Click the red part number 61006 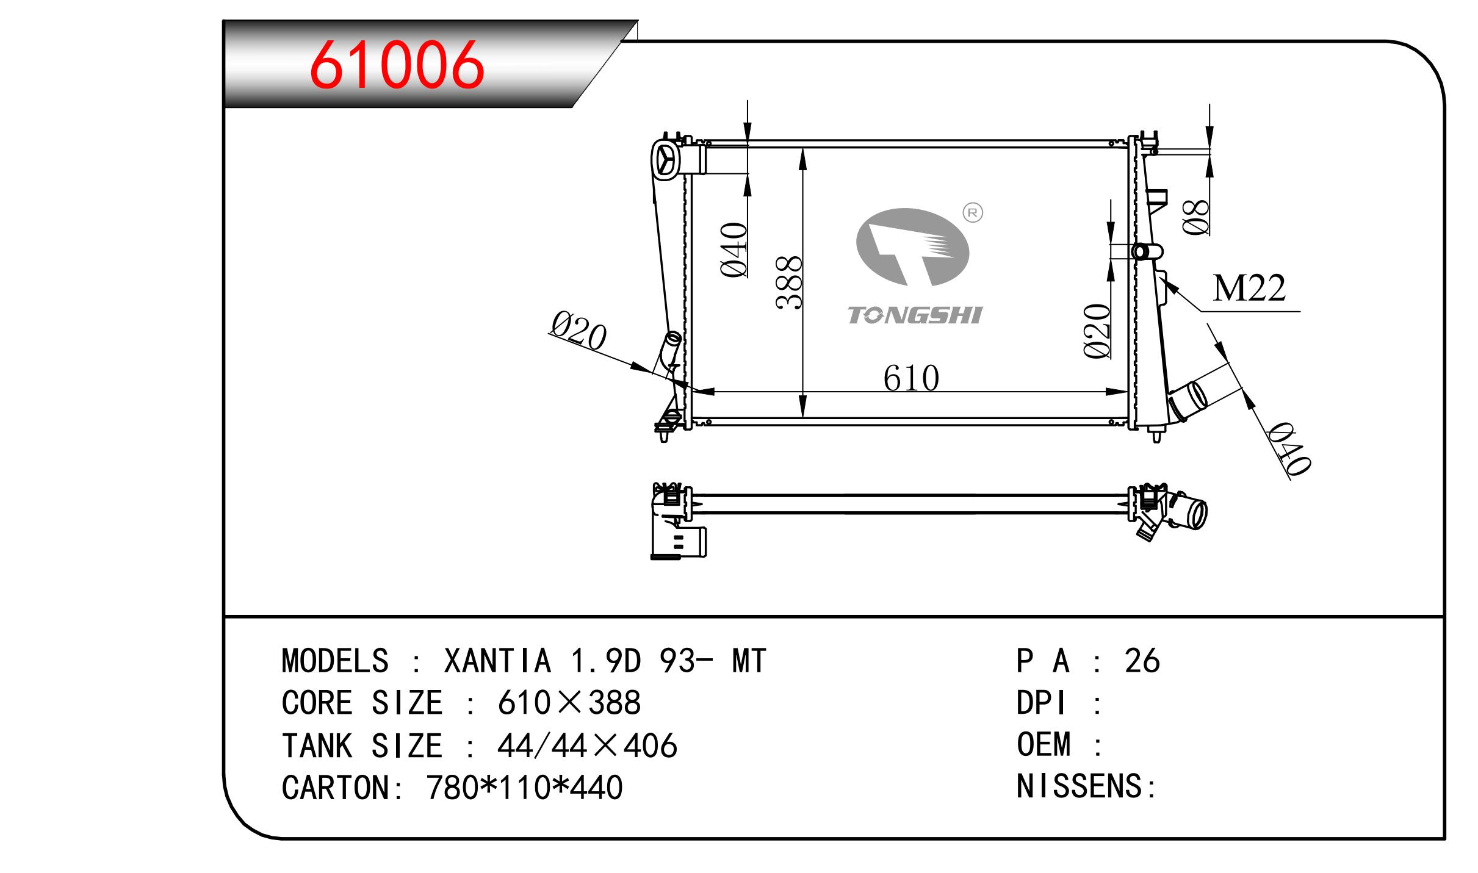coord(397,65)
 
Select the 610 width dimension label coord(911,378)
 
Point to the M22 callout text coord(1249,288)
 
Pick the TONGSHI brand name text coord(915,315)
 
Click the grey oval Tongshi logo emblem coord(913,247)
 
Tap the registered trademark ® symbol coord(973,212)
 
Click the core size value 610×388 coord(569,703)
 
